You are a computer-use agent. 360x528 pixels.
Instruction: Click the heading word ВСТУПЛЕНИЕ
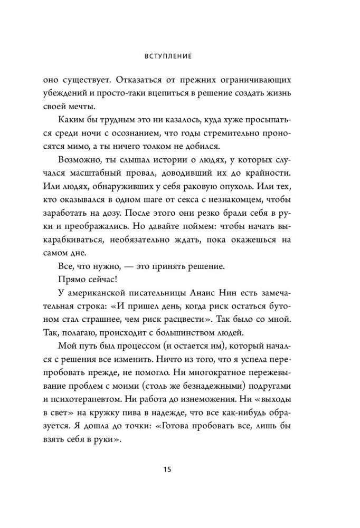tap(179, 53)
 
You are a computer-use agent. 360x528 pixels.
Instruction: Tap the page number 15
tap(179, 470)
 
